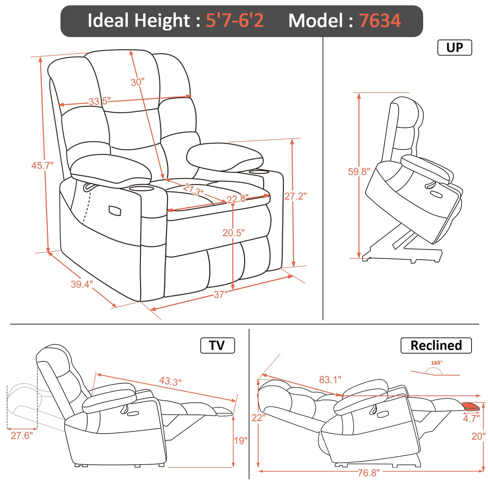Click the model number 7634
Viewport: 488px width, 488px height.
click(x=379, y=21)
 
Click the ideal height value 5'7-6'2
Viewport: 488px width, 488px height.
click(x=235, y=21)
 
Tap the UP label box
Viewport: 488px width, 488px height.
click(x=454, y=47)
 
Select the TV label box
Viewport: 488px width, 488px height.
click(x=217, y=345)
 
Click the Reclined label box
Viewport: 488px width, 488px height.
click(x=436, y=345)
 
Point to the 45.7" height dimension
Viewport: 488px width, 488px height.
click(x=42, y=165)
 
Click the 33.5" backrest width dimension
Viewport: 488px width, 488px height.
click(x=99, y=101)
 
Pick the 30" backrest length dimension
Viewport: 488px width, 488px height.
click(x=137, y=82)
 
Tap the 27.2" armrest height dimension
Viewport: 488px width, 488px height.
click(x=295, y=196)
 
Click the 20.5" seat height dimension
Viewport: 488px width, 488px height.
click(x=233, y=233)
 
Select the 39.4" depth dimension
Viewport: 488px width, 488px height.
click(x=82, y=284)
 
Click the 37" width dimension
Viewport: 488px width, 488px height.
click(x=220, y=295)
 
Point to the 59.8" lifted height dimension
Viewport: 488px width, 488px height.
click(x=359, y=172)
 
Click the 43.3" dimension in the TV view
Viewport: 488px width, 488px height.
click(x=170, y=381)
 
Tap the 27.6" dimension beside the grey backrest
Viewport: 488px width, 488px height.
click(x=22, y=436)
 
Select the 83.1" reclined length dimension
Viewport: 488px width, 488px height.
click(x=330, y=379)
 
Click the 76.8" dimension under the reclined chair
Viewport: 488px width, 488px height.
click(x=368, y=473)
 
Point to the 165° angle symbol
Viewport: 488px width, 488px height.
click(x=437, y=363)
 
